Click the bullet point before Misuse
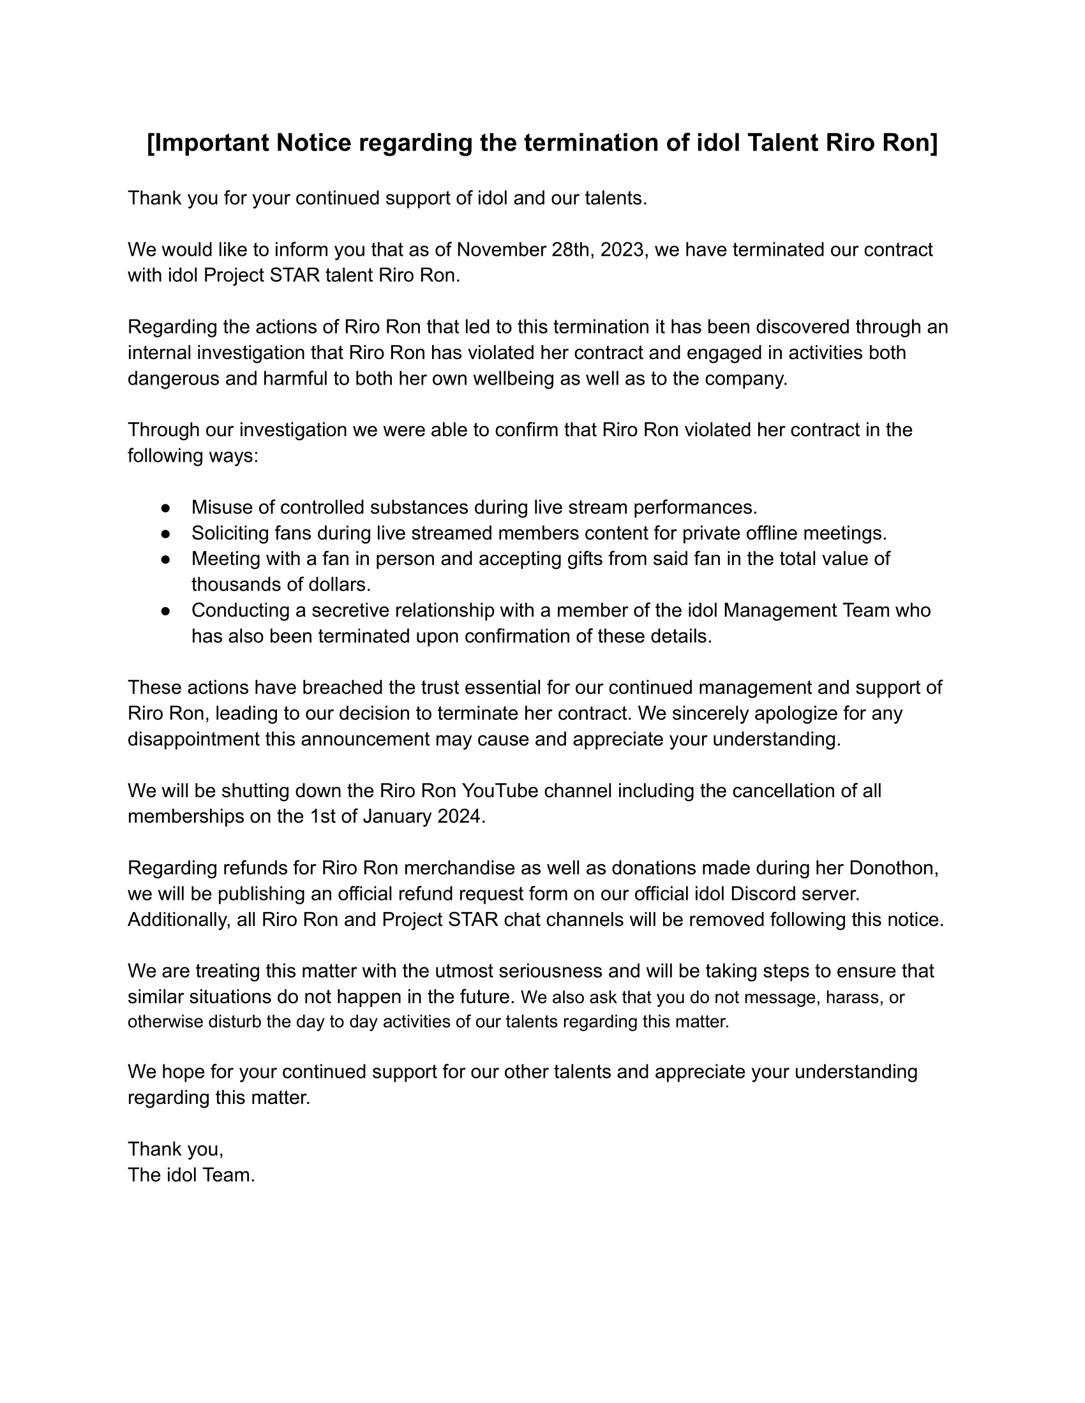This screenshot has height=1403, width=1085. click(166, 508)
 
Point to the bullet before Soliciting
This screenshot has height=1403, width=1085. click(166, 534)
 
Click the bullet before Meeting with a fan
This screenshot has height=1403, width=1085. click(166, 559)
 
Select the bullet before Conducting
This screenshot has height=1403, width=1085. click(166, 611)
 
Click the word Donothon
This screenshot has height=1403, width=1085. click(894, 868)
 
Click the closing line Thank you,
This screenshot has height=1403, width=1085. click(176, 1149)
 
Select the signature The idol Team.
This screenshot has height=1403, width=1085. click(191, 1175)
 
